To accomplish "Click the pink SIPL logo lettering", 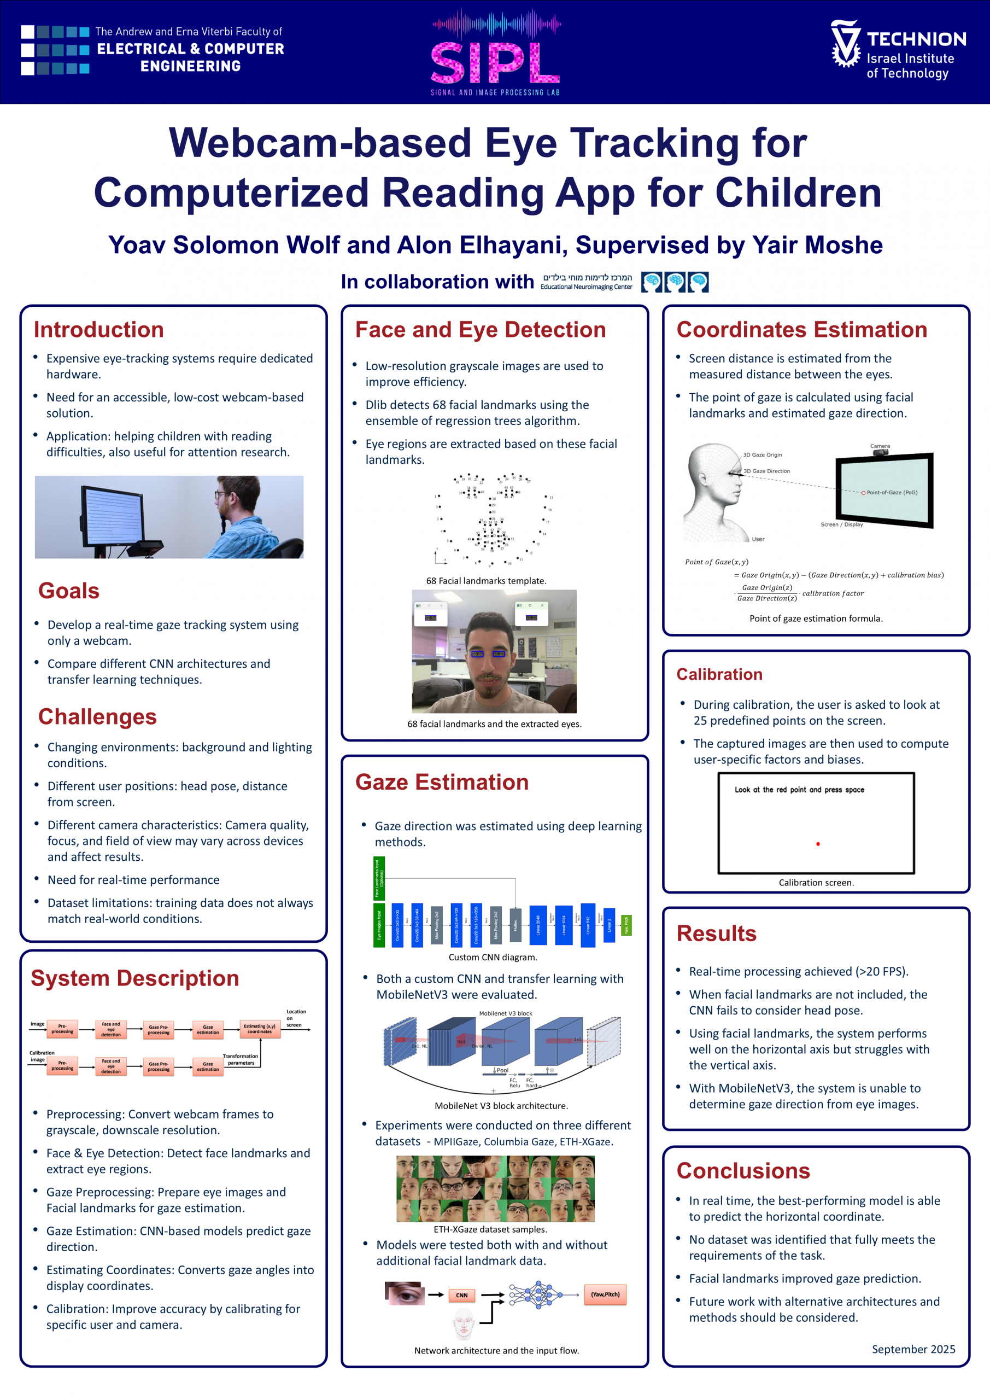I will tap(495, 63).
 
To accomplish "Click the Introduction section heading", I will tap(99, 330).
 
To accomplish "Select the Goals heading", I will tap(69, 591).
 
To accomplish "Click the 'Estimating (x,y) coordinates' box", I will tap(260, 1029).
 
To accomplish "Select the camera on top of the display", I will tap(880, 451).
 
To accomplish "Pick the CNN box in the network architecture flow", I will tap(461, 1295).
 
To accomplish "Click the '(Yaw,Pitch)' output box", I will tap(605, 1294).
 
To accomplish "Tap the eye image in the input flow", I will tap(403, 1293).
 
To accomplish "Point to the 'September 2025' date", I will tap(913, 1349).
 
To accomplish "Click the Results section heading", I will tap(716, 934).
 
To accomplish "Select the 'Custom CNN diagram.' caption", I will tap(493, 958).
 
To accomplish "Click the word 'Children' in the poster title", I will tap(798, 192).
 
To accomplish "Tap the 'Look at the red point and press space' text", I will tap(799, 790).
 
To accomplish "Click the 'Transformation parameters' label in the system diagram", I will tap(241, 1059).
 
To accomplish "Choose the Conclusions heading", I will tap(743, 1171).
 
